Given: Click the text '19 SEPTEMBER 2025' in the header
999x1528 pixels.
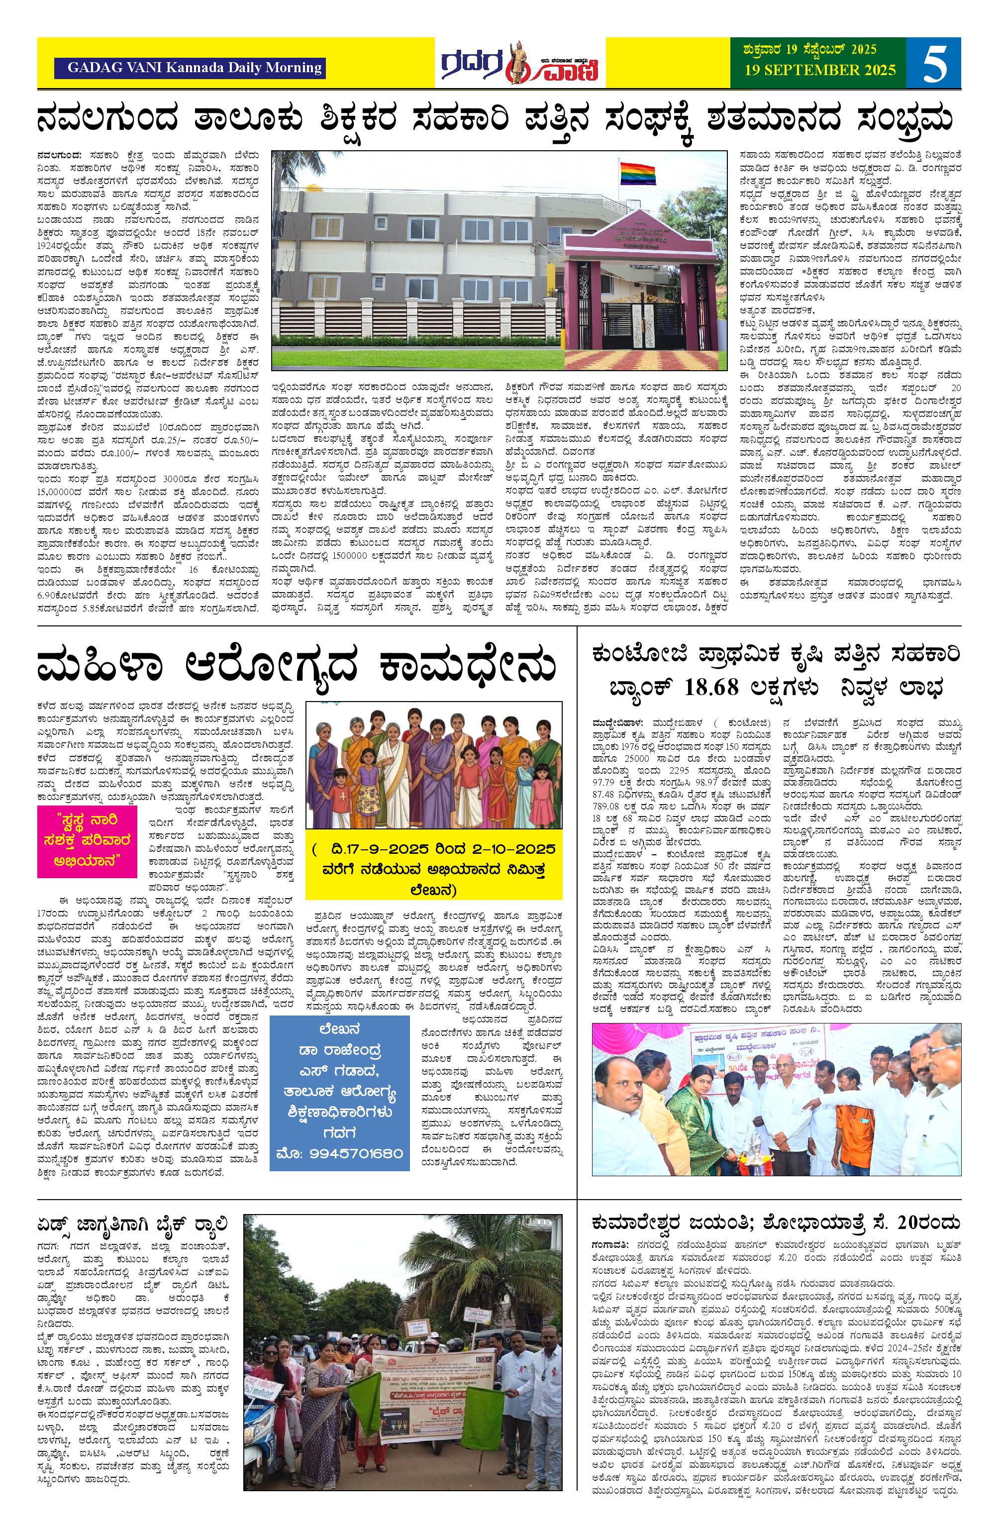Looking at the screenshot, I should click(820, 70).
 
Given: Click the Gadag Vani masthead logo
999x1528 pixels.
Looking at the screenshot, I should click(521, 63).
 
